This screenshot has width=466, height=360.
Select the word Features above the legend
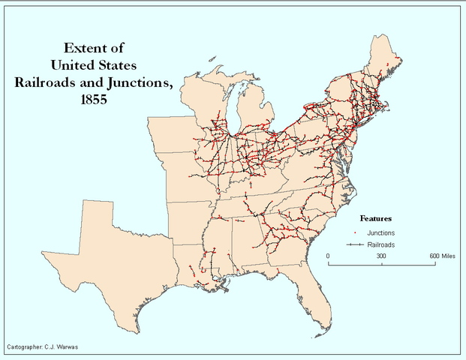376,218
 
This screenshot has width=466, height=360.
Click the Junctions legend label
383,233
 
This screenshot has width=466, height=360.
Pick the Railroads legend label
382,245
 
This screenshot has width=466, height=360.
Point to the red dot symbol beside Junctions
354,233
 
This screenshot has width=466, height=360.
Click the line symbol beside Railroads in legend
354,245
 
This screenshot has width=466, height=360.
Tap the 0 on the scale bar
328,256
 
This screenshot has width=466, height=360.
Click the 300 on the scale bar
380,256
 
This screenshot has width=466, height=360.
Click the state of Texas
113,247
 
